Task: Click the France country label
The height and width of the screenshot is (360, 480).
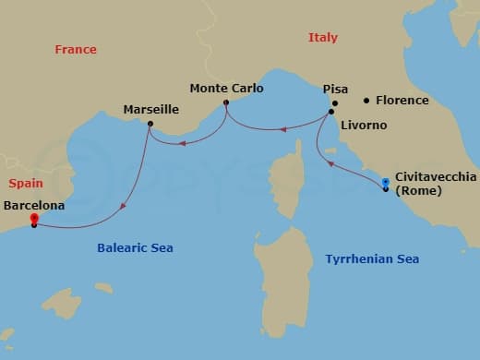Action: (75, 50)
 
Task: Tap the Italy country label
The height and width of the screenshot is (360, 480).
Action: (322, 38)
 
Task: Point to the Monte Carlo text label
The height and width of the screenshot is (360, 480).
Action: (226, 89)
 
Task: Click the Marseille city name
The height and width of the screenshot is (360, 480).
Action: (150, 110)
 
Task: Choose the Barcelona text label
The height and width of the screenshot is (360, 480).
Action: (34, 206)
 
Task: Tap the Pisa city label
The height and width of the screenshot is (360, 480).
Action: (335, 90)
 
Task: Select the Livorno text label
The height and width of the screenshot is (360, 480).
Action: (362, 125)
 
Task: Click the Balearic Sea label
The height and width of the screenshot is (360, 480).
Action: (135, 248)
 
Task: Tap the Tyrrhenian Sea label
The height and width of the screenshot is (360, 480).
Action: (372, 259)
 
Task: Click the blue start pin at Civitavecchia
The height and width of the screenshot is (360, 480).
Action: (385, 183)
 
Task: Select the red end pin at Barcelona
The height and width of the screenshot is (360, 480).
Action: (34, 219)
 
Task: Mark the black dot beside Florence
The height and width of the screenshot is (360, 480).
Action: (366, 100)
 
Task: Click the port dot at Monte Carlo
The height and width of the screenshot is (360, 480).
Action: (226, 102)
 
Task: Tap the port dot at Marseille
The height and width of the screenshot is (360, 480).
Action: (150, 123)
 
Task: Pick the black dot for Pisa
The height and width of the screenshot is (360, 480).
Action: (336, 102)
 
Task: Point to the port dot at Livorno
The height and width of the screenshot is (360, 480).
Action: (330, 113)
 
